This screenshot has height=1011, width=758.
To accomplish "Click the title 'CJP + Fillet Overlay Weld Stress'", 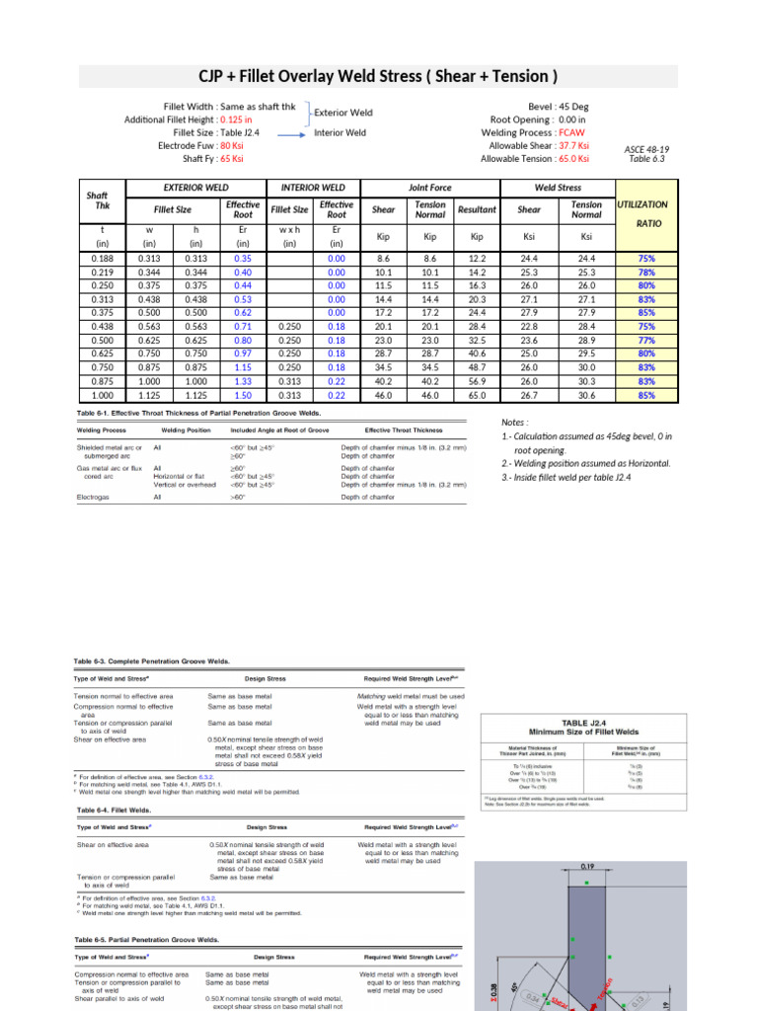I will coord(379,76).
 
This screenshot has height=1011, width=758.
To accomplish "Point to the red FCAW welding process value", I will coord(571,132).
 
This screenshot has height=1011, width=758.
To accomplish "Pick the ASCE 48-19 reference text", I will coord(646,150).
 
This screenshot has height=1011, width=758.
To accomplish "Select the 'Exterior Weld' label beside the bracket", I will coord(342,113).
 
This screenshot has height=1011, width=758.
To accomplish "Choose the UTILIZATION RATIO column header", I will coord(642,213).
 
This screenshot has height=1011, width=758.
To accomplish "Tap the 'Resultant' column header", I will coord(478,210).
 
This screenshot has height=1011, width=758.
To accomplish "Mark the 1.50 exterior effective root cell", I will coord(243,395).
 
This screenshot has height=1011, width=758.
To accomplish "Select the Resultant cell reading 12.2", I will coord(478,258).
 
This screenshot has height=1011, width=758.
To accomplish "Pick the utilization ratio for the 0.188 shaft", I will coord(646,258).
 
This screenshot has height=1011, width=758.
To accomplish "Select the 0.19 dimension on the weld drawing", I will coord(586,868).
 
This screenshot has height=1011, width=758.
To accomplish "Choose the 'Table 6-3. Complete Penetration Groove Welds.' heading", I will coord(152,661).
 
